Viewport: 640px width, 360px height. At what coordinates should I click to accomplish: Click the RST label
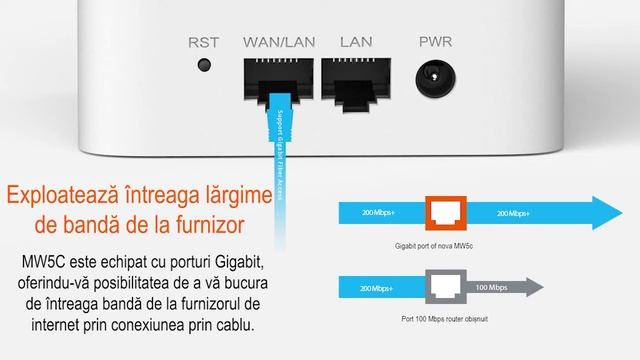(203, 42)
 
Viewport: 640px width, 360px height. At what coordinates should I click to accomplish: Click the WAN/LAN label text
(279, 42)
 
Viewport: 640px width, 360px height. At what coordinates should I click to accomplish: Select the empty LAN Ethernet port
(356, 84)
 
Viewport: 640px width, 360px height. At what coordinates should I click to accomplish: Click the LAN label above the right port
(356, 42)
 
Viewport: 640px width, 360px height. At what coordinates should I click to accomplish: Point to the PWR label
(436, 42)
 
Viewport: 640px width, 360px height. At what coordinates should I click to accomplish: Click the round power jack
(436, 78)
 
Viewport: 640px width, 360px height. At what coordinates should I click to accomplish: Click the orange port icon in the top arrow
(446, 213)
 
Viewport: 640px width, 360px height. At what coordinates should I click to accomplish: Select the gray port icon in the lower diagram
(446, 287)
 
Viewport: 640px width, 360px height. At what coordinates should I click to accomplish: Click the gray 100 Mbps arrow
(505, 287)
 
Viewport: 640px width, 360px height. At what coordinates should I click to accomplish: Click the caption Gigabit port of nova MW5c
(434, 246)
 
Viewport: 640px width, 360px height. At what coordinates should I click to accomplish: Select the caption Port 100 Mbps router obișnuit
(444, 319)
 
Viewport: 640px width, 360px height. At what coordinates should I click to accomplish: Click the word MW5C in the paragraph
(43, 262)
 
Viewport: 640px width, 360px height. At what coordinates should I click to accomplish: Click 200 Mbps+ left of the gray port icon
(376, 289)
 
